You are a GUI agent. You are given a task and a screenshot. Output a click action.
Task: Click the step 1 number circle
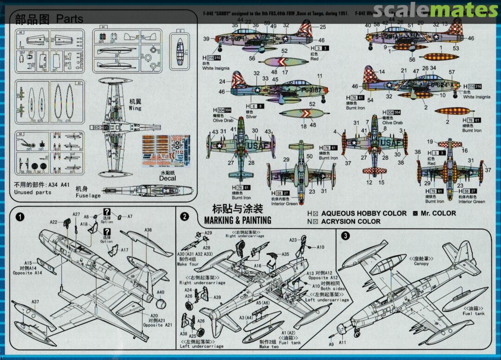pos(19,217)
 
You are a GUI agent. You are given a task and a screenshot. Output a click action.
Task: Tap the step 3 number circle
pos(345,235)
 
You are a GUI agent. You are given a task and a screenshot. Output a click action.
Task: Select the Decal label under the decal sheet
pos(167,178)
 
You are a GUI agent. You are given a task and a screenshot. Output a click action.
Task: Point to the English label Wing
pos(135,108)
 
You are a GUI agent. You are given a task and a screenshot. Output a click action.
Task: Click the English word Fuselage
pos(88,196)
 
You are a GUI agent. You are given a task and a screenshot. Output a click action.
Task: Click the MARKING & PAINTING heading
pos(238,220)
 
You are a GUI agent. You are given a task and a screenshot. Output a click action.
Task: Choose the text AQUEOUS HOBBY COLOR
pos(357,213)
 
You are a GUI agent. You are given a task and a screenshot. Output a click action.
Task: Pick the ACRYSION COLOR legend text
pos(351,222)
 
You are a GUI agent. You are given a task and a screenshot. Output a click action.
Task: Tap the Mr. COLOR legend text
pos(438,213)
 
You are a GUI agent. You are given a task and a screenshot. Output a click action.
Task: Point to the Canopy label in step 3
pos(421,264)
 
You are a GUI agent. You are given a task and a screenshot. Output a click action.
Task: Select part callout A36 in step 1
pos(148,230)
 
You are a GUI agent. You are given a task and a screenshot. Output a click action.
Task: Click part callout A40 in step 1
pos(161,292)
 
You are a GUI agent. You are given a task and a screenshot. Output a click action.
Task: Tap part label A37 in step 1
pos(35,302)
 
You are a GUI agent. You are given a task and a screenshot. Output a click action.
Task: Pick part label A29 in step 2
pos(208,232)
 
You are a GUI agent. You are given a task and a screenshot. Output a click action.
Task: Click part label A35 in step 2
pos(285,254)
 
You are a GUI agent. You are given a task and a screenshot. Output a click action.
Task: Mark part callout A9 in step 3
pos(331,345)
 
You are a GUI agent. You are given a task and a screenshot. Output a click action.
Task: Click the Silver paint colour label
pos(251,117)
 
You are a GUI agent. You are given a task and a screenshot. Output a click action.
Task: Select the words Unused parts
pos(32,192)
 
